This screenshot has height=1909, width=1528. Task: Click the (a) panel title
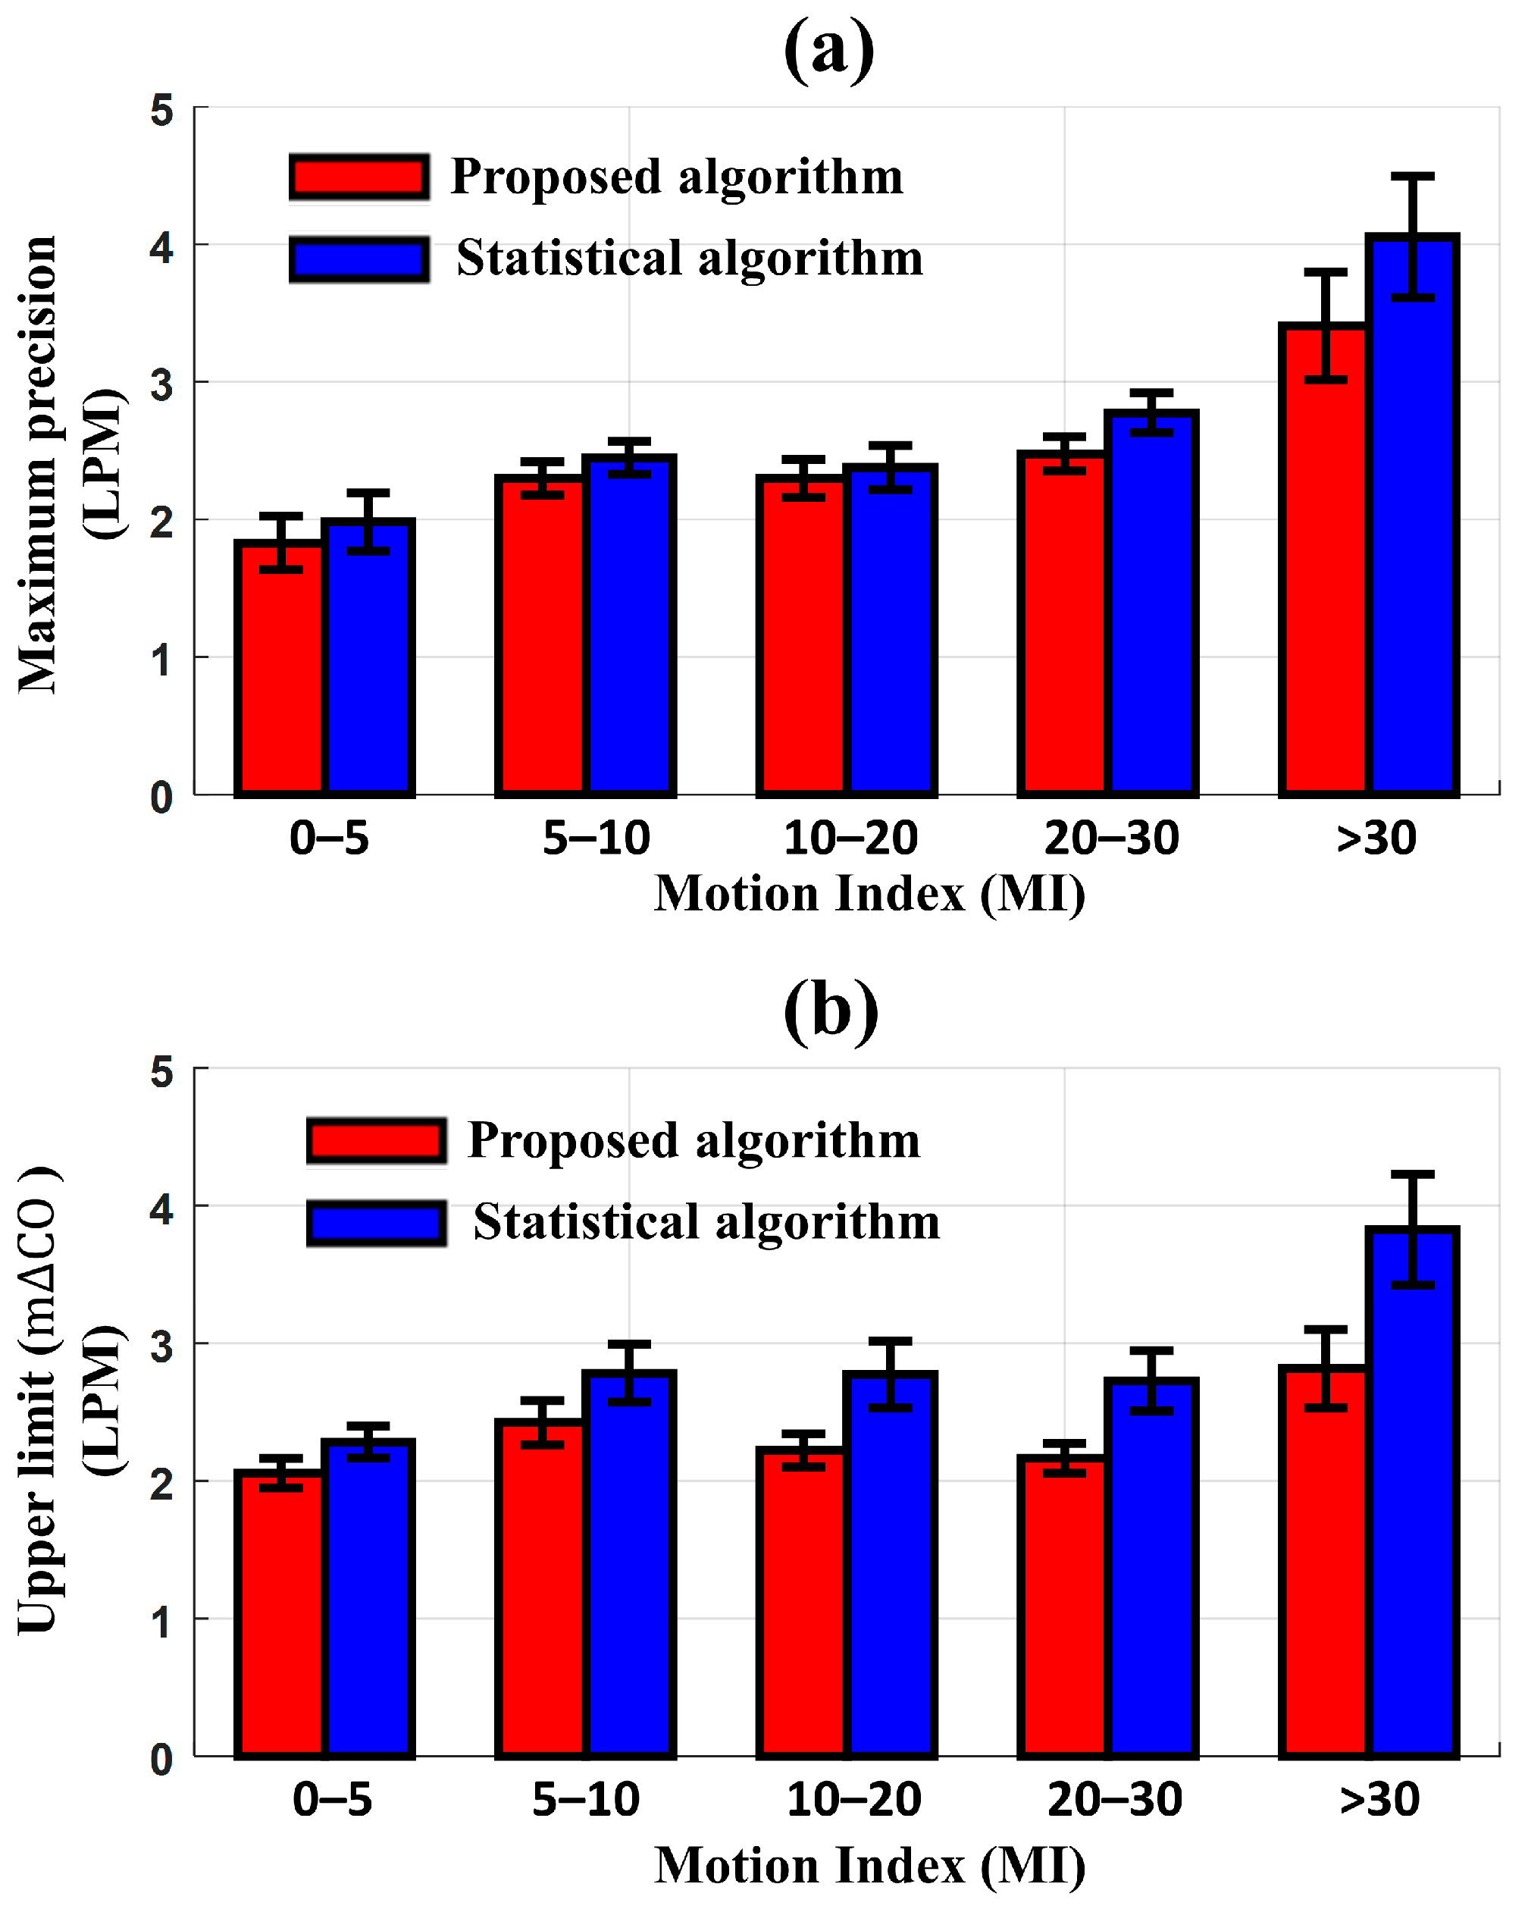tap(828, 51)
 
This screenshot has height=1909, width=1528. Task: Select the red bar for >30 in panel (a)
tap(1324, 566)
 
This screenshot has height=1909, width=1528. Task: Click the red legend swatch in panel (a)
tap(359, 176)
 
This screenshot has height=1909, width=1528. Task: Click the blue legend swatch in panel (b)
tap(376, 1223)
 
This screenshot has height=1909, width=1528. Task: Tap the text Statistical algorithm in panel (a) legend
tap(690, 259)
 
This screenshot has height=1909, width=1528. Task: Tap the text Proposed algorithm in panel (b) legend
tap(694, 1140)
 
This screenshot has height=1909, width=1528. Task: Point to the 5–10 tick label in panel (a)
tap(596, 838)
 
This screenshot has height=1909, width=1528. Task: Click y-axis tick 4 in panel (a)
tap(162, 247)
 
